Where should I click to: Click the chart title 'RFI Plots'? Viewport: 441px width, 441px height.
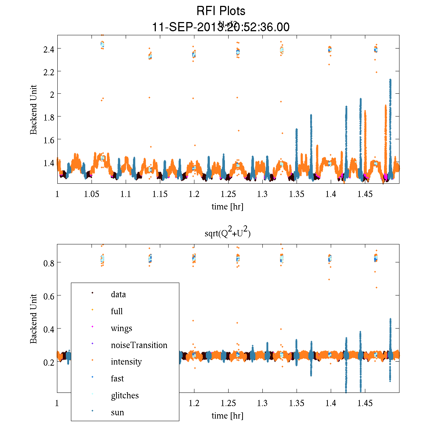[x=220, y=11]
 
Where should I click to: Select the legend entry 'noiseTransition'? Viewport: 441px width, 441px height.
[x=139, y=345]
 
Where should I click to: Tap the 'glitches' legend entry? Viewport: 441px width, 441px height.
[x=125, y=395]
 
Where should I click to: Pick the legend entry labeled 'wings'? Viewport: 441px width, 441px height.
[x=121, y=328]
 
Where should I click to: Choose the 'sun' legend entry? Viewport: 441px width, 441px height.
[x=117, y=412]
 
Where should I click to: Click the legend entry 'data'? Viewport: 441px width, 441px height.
[x=118, y=294]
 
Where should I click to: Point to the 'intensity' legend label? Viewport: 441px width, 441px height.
[x=126, y=362]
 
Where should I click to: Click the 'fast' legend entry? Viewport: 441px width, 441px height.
[x=117, y=379]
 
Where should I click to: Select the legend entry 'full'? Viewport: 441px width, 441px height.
[x=116, y=311]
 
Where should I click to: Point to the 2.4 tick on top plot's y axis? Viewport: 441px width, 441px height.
[x=49, y=49]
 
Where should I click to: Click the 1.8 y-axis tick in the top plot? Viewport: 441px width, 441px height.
[x=49, y=117]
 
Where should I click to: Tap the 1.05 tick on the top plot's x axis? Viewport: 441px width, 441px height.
[x=92, y=194]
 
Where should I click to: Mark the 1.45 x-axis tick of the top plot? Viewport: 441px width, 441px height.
[x=365, y=194]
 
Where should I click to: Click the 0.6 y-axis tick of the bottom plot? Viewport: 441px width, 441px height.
[x=49, y=296]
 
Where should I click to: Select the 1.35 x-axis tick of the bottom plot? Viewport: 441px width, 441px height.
[x=297, y=404]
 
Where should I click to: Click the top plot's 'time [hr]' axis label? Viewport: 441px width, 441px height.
[x=227, y=207]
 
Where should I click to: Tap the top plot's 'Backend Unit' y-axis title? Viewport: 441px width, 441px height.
[x=34, y=110]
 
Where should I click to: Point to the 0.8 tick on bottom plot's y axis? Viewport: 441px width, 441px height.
[x=49, y=263]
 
